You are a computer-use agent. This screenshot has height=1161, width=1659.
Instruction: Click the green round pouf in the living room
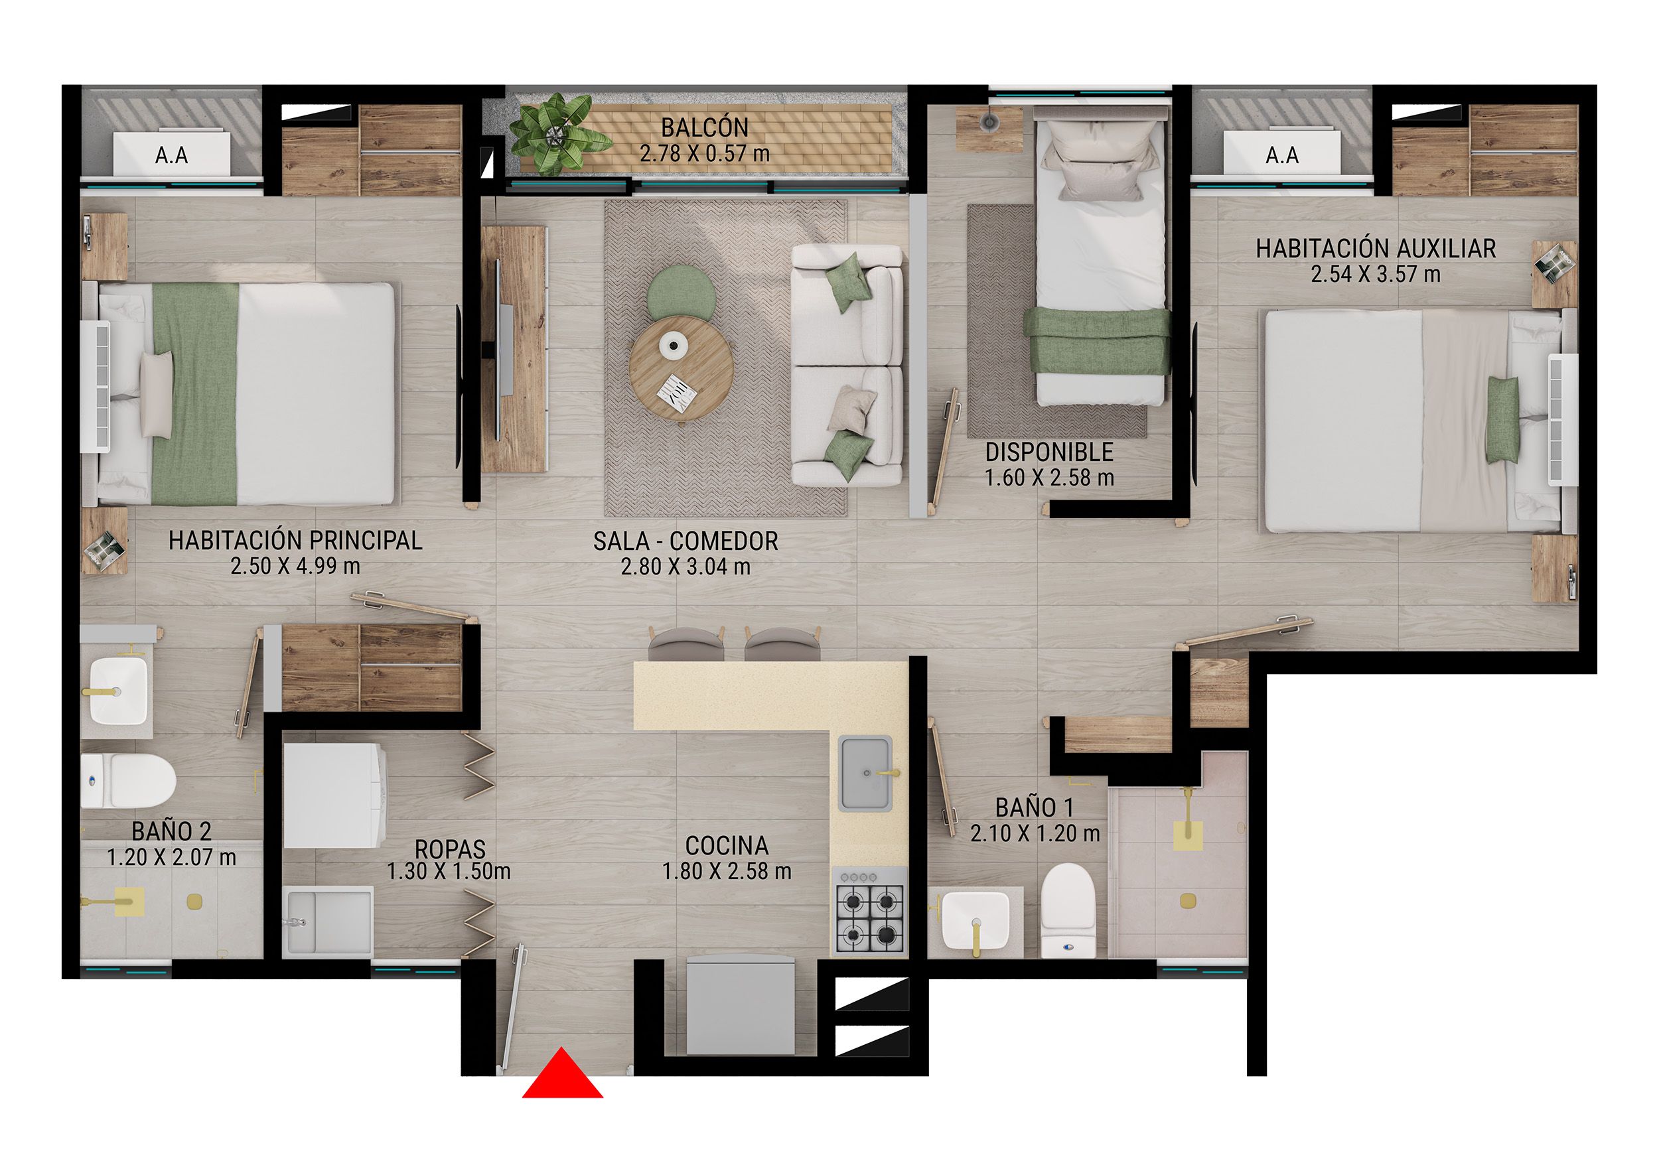(682, 292)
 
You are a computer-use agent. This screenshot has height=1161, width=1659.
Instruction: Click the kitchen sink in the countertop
(865, 773)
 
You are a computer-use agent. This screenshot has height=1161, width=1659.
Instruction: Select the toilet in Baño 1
(1068, 912)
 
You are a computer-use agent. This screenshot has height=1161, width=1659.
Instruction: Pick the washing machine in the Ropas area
(334, 795)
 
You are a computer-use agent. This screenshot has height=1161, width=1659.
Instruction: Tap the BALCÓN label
(705, 128)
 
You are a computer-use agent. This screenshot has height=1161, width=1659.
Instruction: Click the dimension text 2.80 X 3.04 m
(685, 567)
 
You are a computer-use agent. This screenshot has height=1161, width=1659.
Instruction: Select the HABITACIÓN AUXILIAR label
(1375, 249)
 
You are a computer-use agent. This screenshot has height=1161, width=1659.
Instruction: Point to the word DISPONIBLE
(1049, 452)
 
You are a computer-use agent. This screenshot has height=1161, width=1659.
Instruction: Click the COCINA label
(726, 845)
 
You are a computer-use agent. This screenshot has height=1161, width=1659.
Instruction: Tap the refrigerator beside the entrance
(741, 1006)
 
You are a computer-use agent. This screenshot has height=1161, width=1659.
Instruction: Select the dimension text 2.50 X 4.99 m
(295, 567)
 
